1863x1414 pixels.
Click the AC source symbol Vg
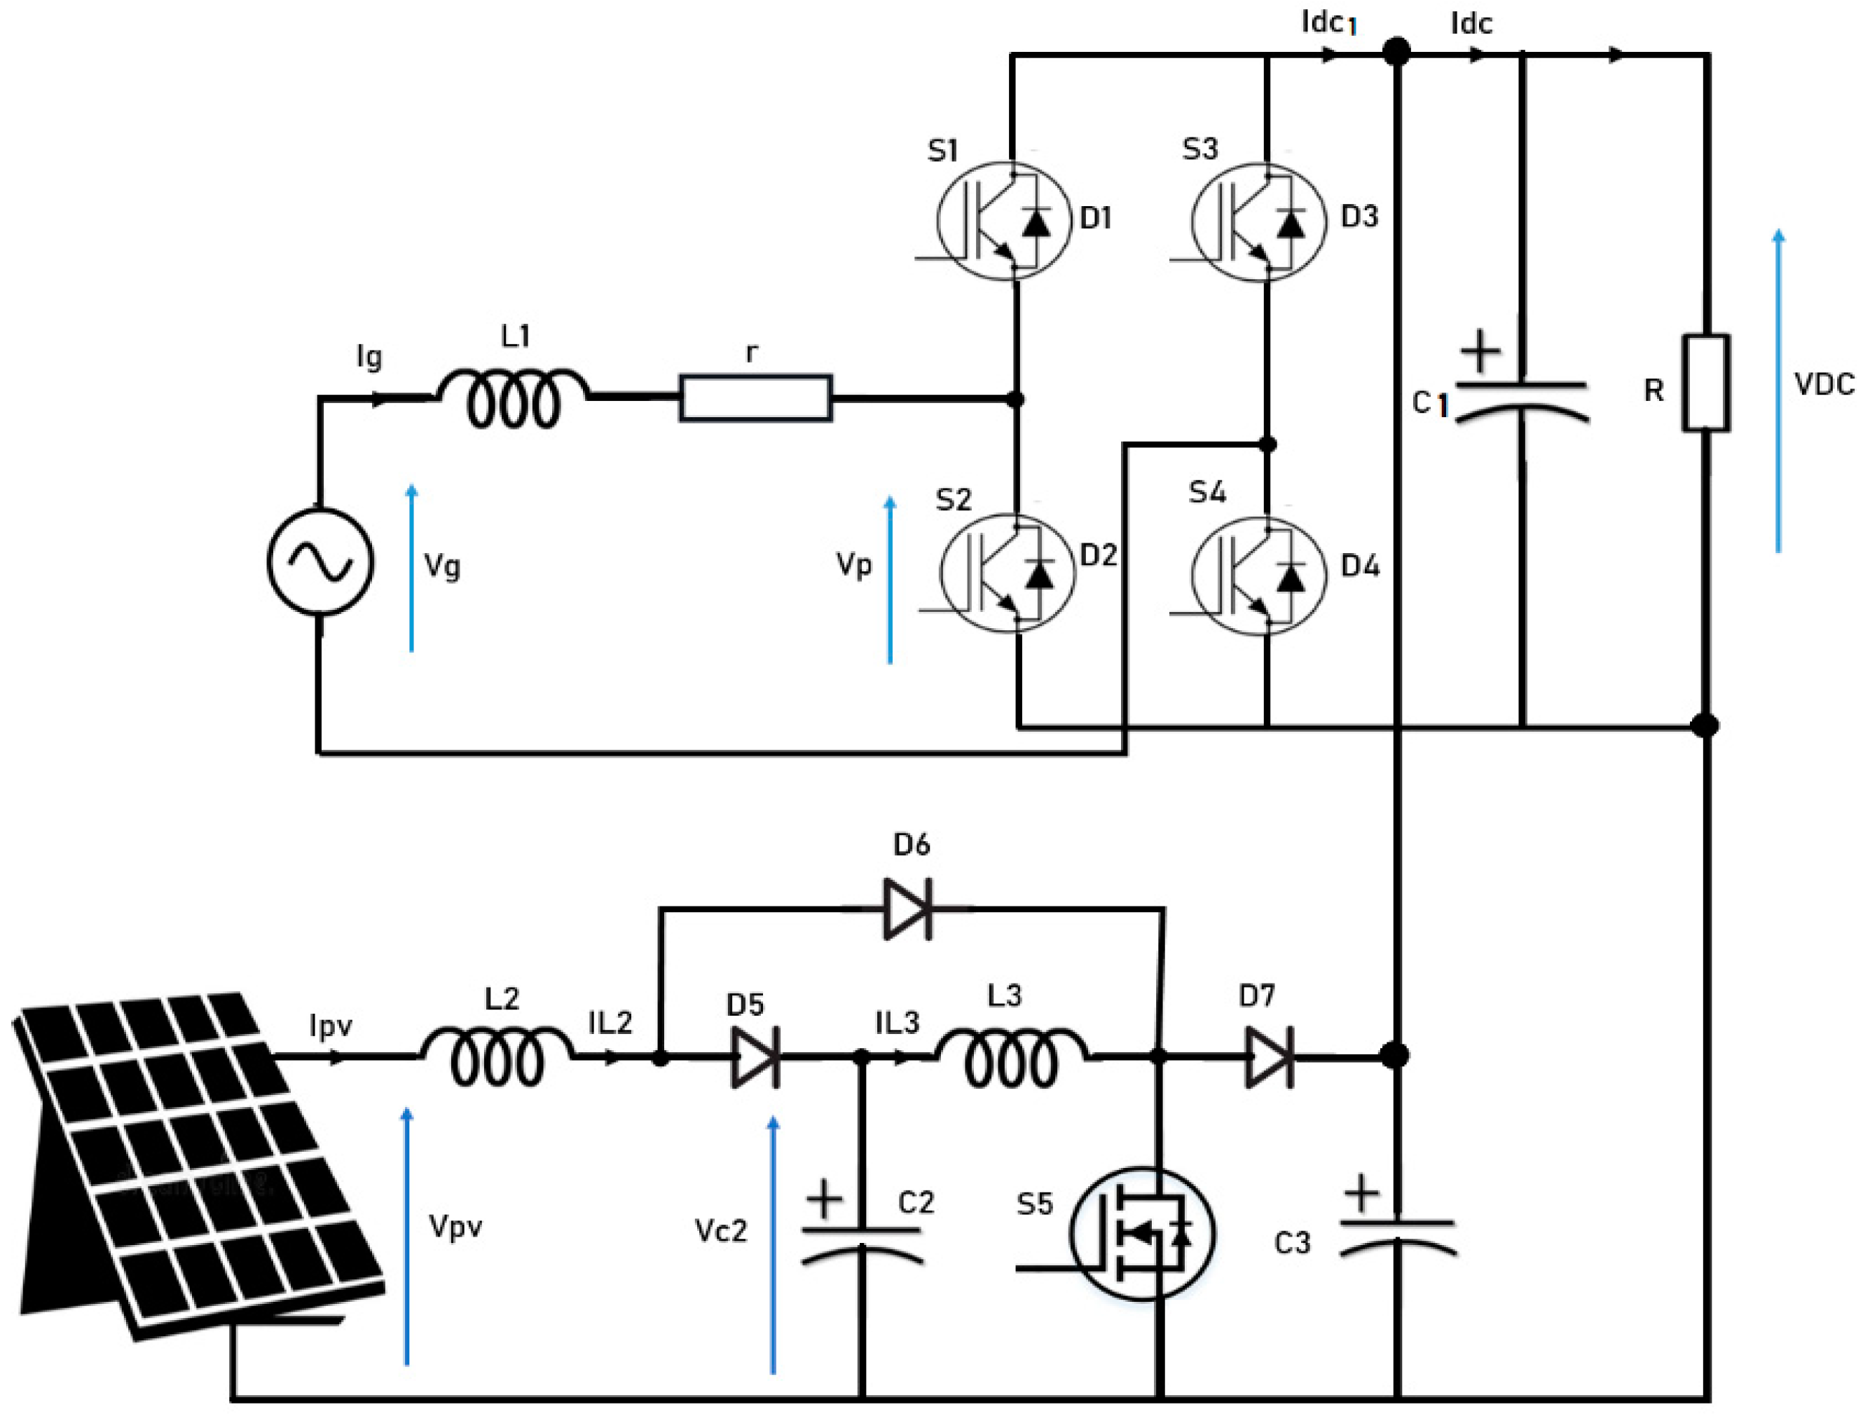pyautogui.click(x=320, y=562)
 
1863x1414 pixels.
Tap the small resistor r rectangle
pyautogui.click(x=755, y=397)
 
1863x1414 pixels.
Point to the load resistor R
pyautogui.click(x=1706, y=383)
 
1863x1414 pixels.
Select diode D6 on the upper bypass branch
pyautogui.click(x=907, y=909)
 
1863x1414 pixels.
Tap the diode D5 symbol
pyautogui.click(x=755, y=1056)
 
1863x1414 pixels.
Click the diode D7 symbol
pyautogui.click(x=1270, y=1056)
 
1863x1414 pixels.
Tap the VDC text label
pyautogui.click(x=1824, y=385)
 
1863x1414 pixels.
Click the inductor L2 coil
pyautogui.click(x=497, y=1056)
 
